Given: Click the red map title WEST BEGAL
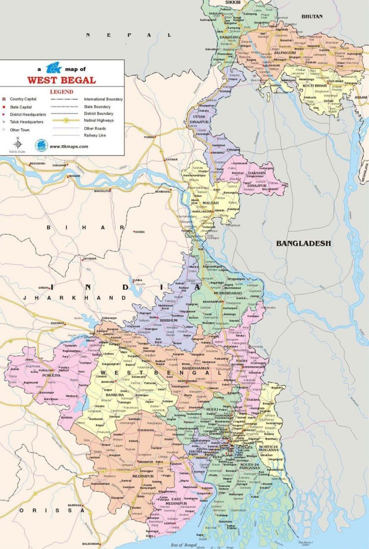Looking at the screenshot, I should (x=61, y=80).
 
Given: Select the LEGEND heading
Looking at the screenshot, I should (x=61, y=92).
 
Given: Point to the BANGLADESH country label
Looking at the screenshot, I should (x=303, y=244).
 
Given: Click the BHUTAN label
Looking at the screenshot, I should (x=313, y=16).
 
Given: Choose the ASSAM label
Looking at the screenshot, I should (x=361, y=97).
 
